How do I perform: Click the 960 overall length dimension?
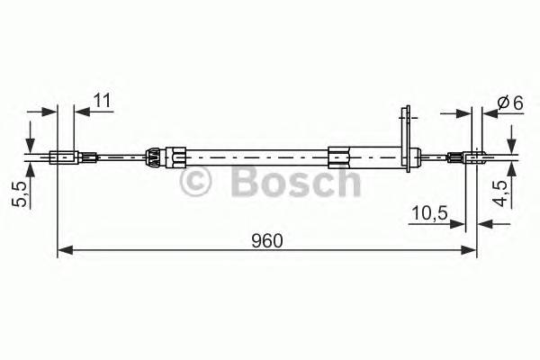click(x=267, y=240)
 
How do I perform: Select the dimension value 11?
click(x=101, y=101)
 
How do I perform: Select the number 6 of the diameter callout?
click(x=517, y=103)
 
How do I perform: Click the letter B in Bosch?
click(x=244, y=183)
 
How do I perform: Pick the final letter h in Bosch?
click(x=346, y=183)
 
